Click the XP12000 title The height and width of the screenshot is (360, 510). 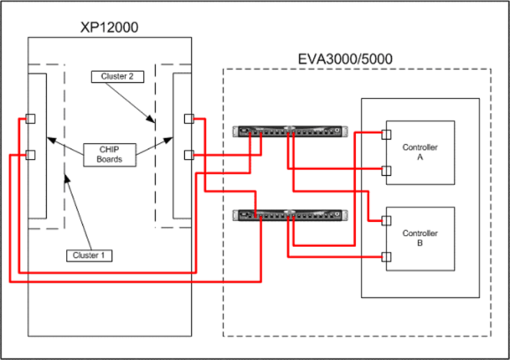tap(110, 29)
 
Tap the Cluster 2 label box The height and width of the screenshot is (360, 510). tap(117, 76)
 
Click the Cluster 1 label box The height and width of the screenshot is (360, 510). tap(89, 255)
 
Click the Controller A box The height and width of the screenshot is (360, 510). tap(420, 153)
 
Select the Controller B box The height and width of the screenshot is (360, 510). tap(420, 239)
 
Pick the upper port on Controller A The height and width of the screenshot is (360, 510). tap(385, 133)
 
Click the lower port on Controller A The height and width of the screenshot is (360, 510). tap(385, 169)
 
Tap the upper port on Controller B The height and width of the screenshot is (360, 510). tap(385, 220)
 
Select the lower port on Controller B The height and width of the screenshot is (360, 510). tap(385, 256)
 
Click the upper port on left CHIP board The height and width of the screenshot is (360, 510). tap(30, 119)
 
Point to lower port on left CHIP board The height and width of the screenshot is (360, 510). tap(30, 155)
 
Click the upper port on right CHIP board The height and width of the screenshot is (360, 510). tap(189, 119)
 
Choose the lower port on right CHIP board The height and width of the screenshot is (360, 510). tap(189, 155)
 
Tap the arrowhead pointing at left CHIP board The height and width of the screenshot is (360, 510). tap(48, 140)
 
